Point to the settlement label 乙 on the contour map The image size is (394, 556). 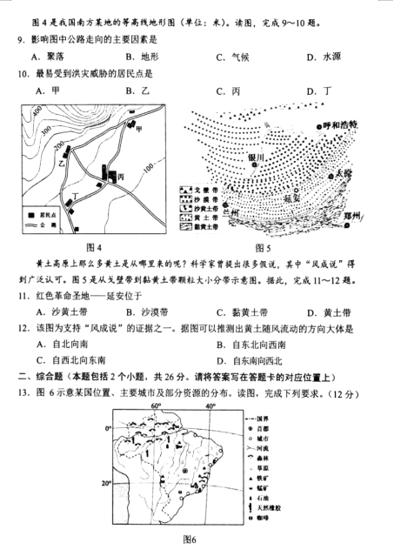point(61,163)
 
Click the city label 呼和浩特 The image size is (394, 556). point(340,124)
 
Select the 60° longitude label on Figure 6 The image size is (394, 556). point(157,406)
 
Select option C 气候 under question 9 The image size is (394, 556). point(229,57)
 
